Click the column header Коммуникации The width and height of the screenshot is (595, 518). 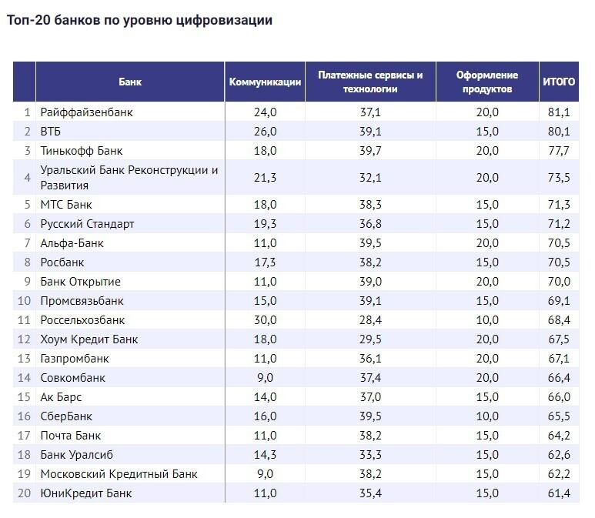pyautogui.click(x=265, y=82)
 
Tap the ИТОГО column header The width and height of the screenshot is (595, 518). pyautogui.click(x=559, y=82)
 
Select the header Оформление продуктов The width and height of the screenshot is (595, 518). pyautogui.click(x=487, y=82)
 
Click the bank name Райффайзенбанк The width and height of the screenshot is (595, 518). pyautogui.click(x=86, y=112)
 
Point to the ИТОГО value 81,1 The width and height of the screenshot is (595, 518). pyautogui.click(x=559, y=112)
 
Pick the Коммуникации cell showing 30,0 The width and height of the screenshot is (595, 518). pyautogui.click(x=265, y=320)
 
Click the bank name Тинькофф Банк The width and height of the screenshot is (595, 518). pyautogui.click(x=81, y=151)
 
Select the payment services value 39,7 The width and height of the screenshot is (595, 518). pyautogui.click(x=370, y=151)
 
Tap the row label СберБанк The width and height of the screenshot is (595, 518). pyautogui.click(x=66, y=416)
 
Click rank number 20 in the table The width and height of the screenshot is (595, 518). pyautogui.click(x=24, y=493)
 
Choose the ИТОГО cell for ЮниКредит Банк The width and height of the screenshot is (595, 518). pyautogui.click(x=559, y=493)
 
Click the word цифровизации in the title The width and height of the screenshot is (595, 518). pyautogui.click(x=224, y=21)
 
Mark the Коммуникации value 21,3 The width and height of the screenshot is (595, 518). pyautogui.click(x=265, y=178)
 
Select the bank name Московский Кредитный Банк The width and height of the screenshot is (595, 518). pyautogui.click(x=119, y=474)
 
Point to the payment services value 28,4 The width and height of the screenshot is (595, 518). pyautogui.click(x=370, y=320)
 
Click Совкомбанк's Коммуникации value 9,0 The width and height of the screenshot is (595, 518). pyautogui.click(x=265, y=378)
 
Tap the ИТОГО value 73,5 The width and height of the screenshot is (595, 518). pyautogui.click(x=559, y=178)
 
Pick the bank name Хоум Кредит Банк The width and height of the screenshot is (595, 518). pyautogui.click(x=89, y=339)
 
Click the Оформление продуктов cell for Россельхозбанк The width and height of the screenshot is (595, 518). pyautogui.click(x=487, y=320)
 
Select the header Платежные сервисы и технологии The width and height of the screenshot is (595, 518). pyautogui.click(x=370, y=82)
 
